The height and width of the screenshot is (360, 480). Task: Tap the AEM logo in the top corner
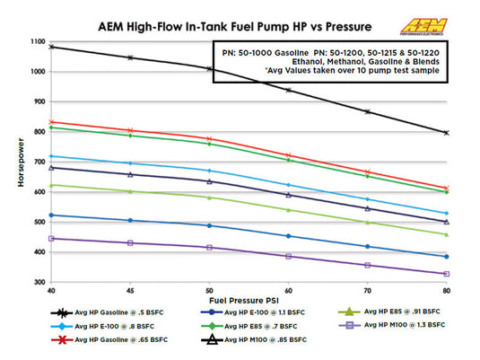click(448, 17)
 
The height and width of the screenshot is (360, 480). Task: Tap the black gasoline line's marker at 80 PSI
click(446, 132)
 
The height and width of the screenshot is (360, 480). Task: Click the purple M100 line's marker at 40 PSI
click(52, 239)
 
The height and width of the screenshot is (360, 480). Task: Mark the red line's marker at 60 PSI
click(288, 155)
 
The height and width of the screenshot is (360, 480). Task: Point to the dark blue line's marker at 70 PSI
click(367, 246)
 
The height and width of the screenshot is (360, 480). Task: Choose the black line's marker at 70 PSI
click(367, 111)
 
